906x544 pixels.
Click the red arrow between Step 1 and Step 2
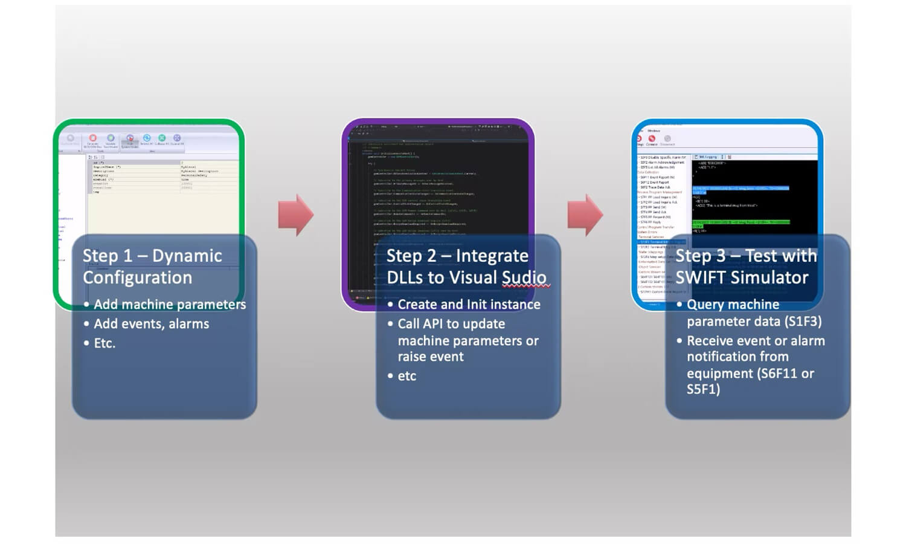point(295,215)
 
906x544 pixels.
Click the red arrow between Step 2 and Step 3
point(585,215)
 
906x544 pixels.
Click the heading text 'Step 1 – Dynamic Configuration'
point(152,267)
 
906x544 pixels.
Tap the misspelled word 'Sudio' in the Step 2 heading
point(524,277)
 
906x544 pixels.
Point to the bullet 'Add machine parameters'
point(170,305)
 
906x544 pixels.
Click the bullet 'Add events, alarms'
point(152,324)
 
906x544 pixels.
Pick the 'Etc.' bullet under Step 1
point(104,343)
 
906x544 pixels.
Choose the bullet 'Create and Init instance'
point(469,305)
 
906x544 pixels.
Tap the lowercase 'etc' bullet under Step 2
point(407,376)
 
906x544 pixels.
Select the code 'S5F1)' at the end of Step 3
point(703,389)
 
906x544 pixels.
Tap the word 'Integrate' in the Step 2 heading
point(492,256)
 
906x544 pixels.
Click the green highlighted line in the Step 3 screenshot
point(741,222)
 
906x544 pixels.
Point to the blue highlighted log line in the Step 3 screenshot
point(741,189)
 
